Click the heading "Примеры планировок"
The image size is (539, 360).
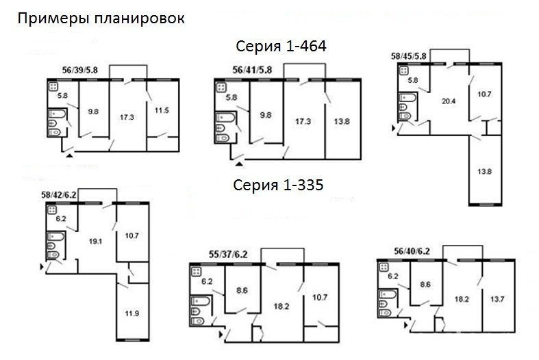point(101,18)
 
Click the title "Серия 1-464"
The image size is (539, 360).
point(281,46)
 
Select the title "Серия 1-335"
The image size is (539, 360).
point(278,185)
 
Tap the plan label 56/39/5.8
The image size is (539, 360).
point(79,70)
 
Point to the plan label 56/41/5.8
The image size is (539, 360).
point(252,70)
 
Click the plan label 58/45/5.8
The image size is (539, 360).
point(408,56)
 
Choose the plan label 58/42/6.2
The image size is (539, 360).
point(59,195)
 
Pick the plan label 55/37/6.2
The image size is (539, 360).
point(228,255)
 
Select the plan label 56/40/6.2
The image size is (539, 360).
point(412,251)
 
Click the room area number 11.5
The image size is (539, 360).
point(162,111)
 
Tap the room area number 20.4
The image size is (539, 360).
point(448,101)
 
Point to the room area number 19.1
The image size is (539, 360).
point(95,242)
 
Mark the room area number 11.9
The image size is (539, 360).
point(132,313)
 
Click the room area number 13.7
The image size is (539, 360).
point(497,299)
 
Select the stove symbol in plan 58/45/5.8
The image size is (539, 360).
point(403,71)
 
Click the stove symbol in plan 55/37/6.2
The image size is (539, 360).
point(197,272)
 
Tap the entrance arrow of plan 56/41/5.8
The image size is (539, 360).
point(239,164)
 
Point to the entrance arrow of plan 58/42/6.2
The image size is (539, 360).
point(42,266)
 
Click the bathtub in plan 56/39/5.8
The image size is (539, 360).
point(57,114)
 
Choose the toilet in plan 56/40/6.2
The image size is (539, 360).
point(386,313)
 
